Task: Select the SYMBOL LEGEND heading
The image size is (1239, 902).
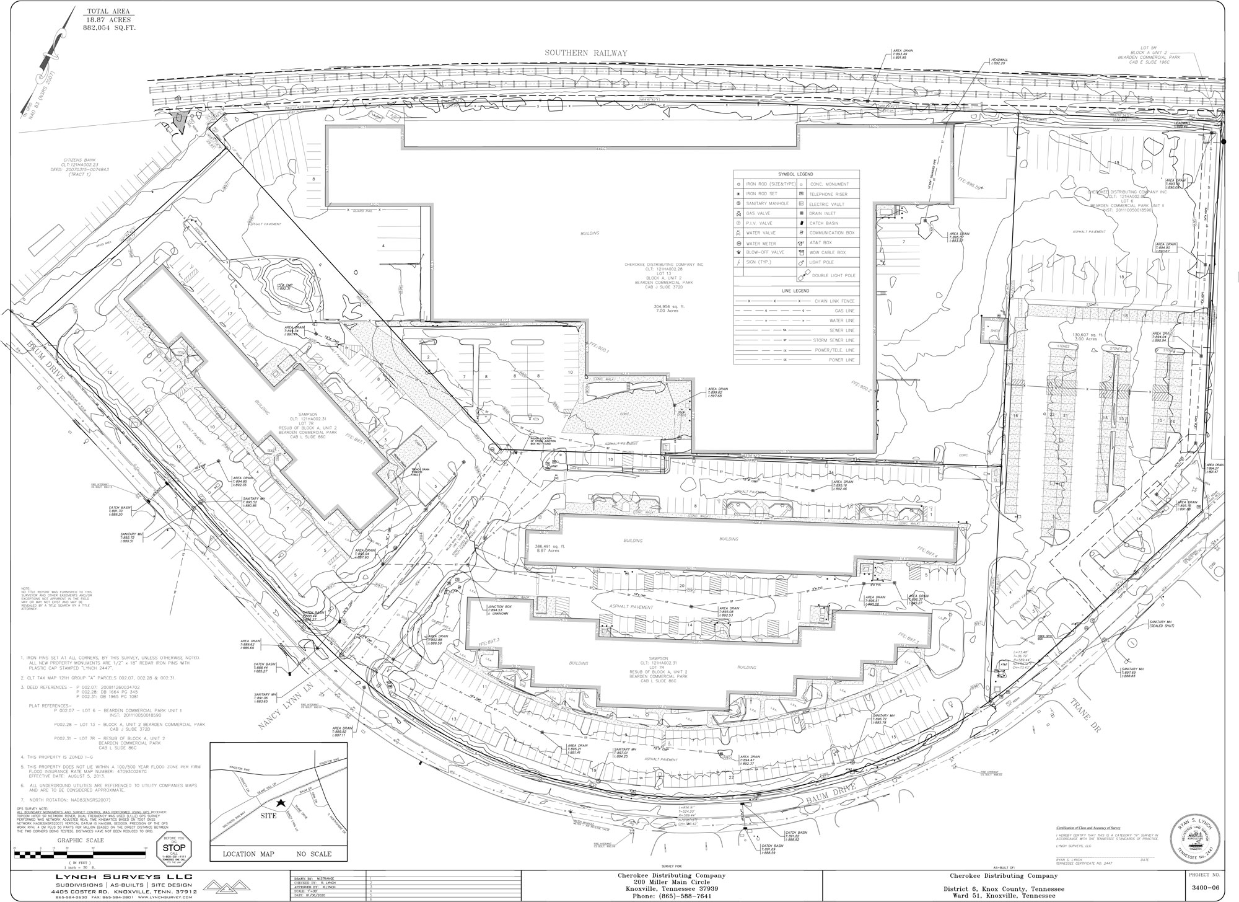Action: coord(796,175)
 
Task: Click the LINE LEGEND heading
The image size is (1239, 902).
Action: coord(796,291)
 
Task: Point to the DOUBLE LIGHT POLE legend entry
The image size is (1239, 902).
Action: coord(834,275)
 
